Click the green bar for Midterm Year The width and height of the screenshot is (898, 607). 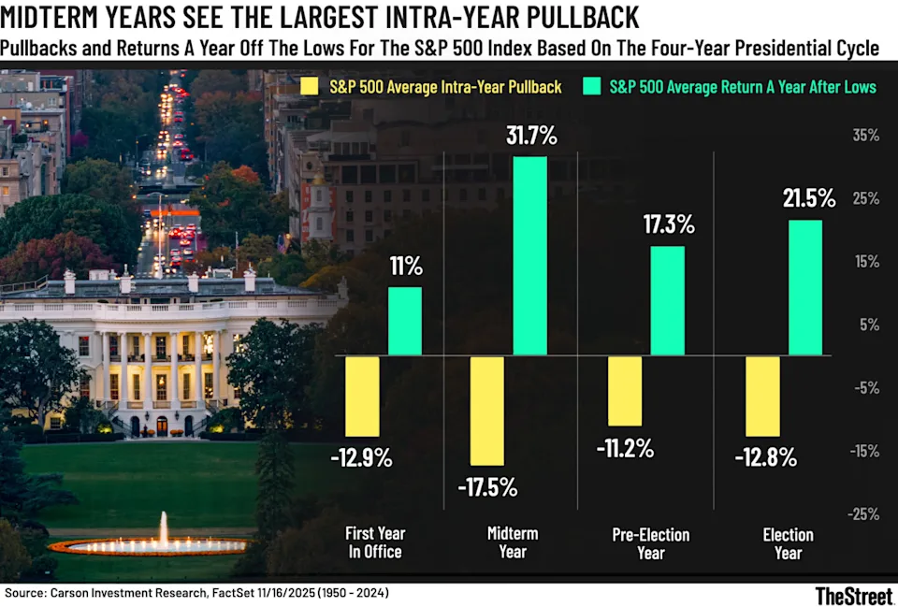[530, 255]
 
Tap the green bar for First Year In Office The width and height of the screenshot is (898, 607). [404, 321]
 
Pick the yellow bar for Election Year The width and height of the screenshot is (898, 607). [763, 396]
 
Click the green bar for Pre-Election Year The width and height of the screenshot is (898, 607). [667, 300]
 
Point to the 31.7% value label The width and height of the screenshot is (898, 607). [530, 137]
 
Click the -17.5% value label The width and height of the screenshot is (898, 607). [486, 487]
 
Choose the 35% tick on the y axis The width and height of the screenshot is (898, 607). [865, 135]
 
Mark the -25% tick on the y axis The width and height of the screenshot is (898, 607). [862, 513]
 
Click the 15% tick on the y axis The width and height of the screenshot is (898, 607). [865, 261]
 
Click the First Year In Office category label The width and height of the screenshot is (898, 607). [375, 543]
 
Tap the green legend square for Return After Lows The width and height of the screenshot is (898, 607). [592, 87]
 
